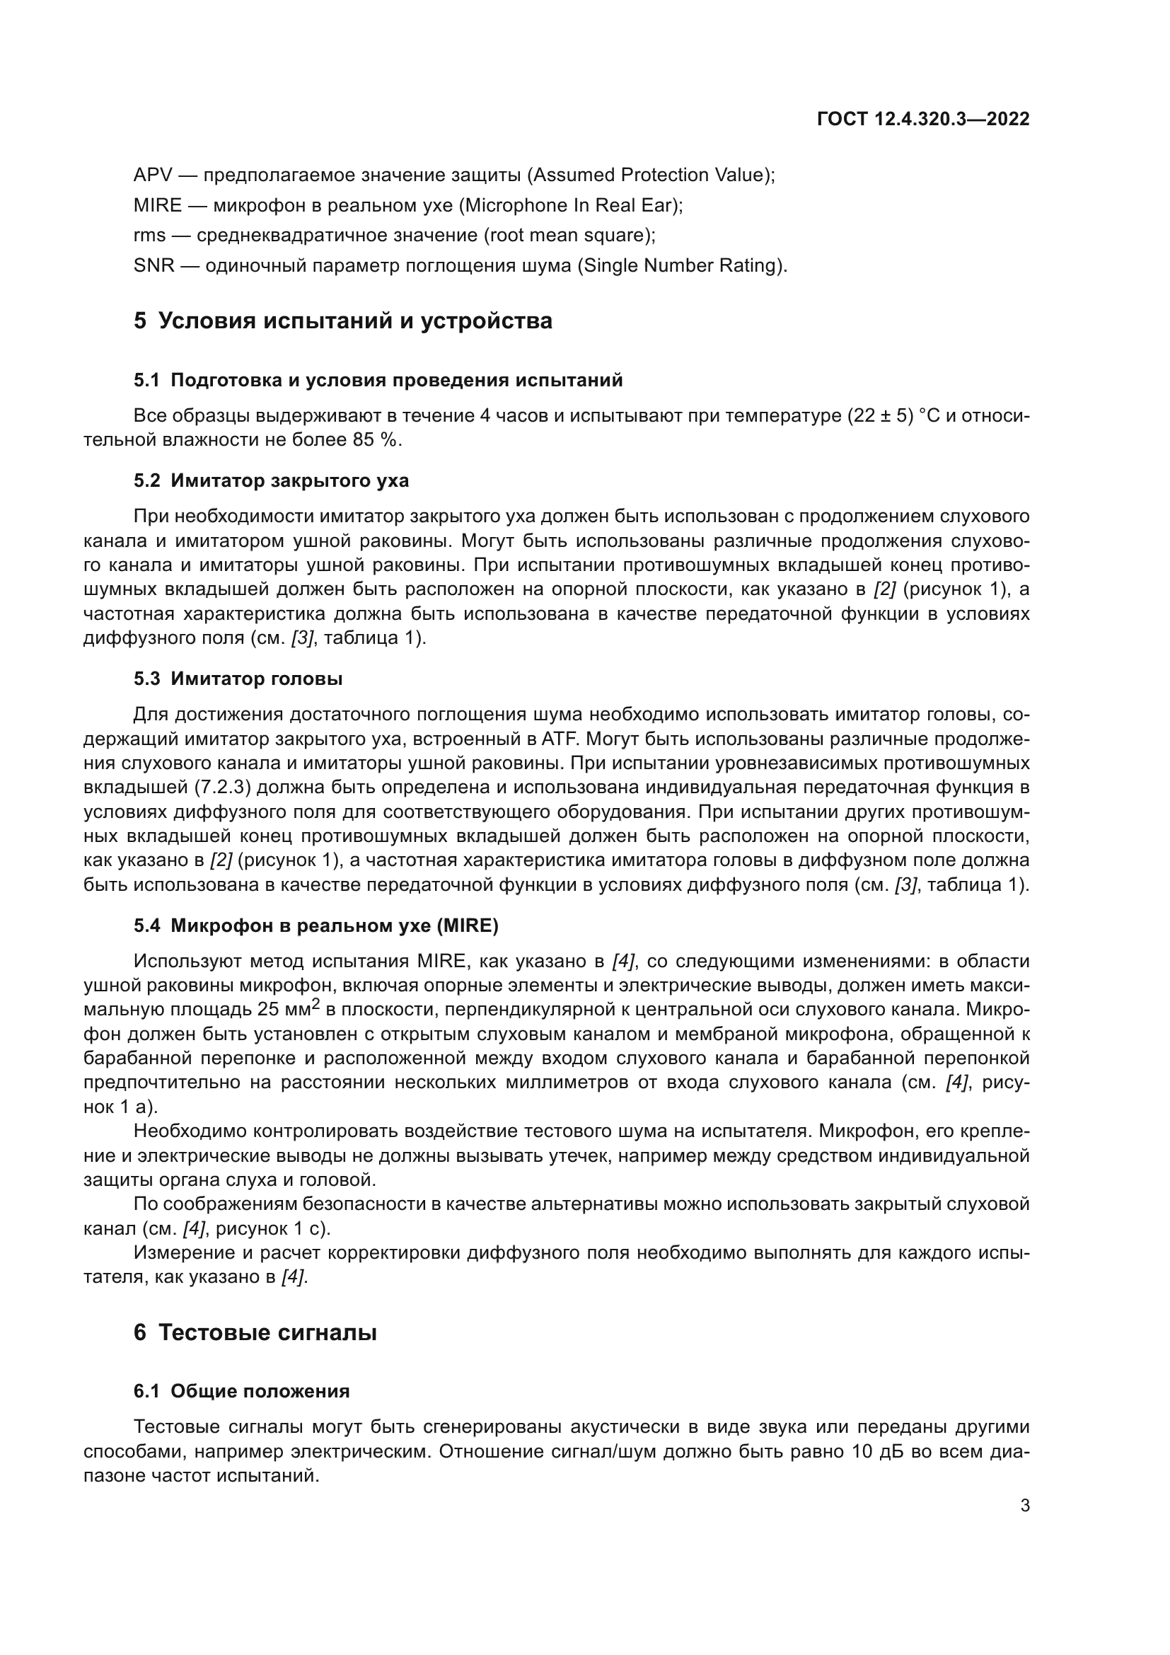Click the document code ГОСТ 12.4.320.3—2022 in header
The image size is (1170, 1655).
point(923,119)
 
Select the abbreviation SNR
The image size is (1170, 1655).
point(154,266)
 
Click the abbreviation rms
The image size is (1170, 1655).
point(149,236)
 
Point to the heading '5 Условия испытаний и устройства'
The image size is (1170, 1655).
point(343,321)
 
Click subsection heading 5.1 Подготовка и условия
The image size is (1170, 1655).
point(378,380)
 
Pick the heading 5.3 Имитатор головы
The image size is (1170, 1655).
point(238,679)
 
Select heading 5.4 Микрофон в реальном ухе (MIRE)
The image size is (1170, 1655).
point(315,925)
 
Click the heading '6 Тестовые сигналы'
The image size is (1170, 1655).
point(255,1333)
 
